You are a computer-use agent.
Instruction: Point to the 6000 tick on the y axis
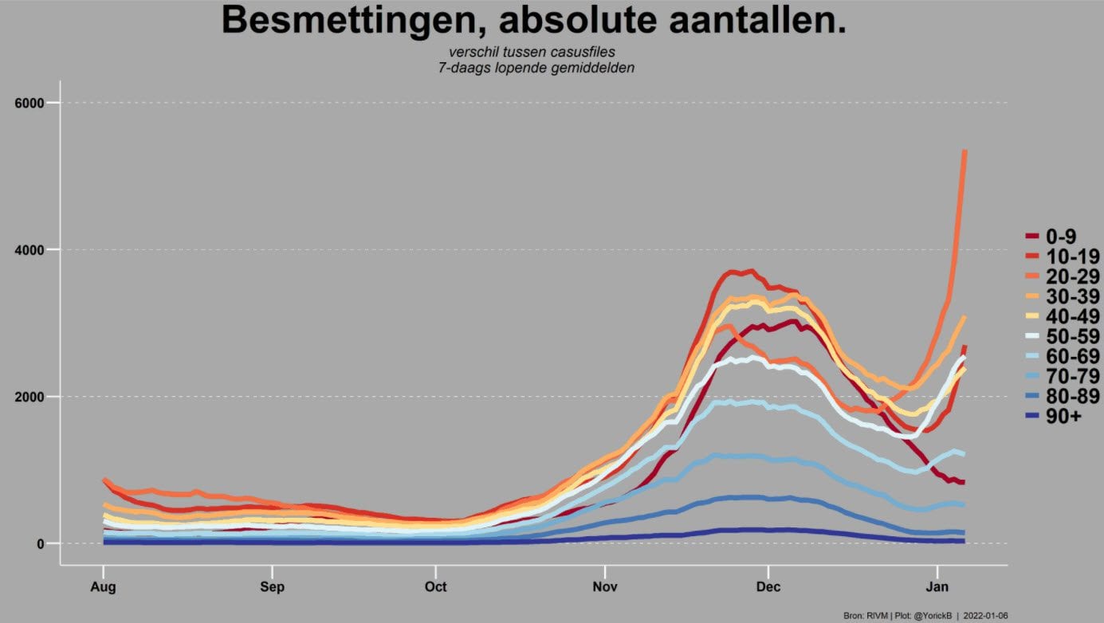coord(29,103)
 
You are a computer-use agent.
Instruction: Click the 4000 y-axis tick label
coord(29,249)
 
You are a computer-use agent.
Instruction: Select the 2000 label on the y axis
coord(29,397)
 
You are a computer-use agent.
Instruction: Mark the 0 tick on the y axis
coord(41,543)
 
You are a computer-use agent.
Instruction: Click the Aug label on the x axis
coord(103,587)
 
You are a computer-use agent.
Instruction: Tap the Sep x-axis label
coord(272,587)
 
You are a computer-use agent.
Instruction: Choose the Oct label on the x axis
coord(436,586)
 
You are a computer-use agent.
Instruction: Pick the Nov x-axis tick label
coord(605,586)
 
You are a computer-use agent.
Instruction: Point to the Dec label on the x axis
coord(768,586)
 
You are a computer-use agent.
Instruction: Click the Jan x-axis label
coord(937,586)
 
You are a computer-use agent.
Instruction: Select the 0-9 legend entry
coord(1051,237)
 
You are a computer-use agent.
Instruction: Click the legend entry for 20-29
coord(1062,276)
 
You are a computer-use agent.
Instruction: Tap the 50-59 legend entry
coord(1062,336)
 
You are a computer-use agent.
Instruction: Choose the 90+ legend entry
coord(1053,416)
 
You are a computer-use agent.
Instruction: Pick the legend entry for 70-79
coord(1062,376)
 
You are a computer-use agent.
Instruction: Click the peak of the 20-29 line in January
coord(965,151)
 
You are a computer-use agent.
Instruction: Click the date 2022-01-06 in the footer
coord(985,616)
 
